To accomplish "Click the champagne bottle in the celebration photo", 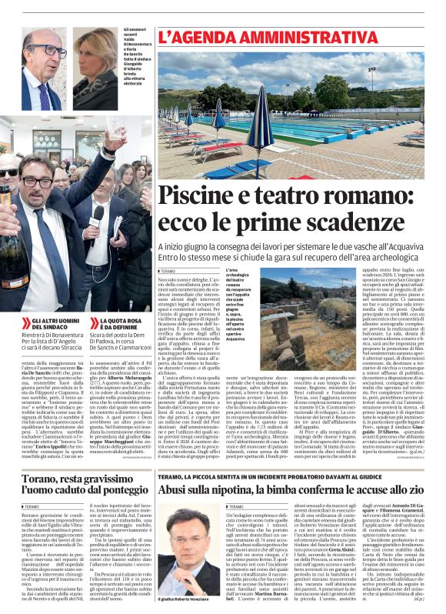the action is [x=14, y=246].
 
